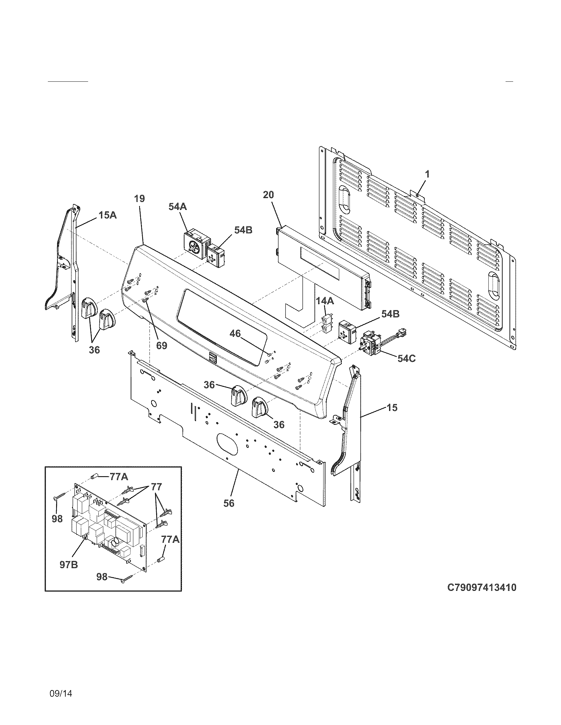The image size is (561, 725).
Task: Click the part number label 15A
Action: [107, 215]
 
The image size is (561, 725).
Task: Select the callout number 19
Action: [140, 199]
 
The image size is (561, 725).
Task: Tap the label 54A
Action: [177, 207]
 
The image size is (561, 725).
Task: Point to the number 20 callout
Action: [269, 195]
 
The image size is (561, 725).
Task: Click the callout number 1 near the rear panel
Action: [427, 174]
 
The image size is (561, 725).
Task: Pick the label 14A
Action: [325, 301]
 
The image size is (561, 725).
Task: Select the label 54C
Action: [406, 358]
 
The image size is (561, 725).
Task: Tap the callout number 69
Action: [162, 346]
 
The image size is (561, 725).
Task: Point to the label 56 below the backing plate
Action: [229, 503]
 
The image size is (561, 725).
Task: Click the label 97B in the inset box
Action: [69, 564]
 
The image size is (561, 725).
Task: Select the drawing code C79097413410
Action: [481, 588]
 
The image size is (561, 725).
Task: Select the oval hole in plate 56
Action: [227, 444]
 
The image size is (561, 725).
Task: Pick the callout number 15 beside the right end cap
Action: [392, 408]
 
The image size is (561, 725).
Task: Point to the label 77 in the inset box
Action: [156, 487]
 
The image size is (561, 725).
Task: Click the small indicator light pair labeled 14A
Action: [325, 324]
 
